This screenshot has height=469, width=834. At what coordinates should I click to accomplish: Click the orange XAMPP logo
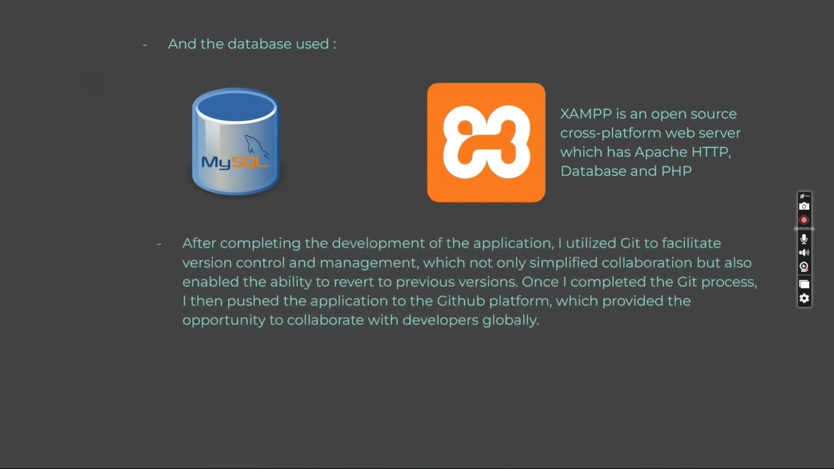486,142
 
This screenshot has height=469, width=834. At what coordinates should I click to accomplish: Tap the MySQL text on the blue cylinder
235,162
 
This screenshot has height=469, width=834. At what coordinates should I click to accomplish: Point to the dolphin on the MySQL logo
256,147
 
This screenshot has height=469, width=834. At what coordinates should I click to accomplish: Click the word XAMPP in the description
586,114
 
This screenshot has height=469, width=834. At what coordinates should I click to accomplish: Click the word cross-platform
601,133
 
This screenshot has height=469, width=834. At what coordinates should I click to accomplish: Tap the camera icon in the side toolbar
804,206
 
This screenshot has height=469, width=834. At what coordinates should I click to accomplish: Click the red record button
804,220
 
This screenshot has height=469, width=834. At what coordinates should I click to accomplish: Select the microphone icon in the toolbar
804,239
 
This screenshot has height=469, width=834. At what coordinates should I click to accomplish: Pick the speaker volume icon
804,253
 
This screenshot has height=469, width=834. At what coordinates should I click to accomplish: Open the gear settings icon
804,298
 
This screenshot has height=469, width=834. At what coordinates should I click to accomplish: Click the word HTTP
711,152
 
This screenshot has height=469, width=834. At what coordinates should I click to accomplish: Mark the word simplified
564,263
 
